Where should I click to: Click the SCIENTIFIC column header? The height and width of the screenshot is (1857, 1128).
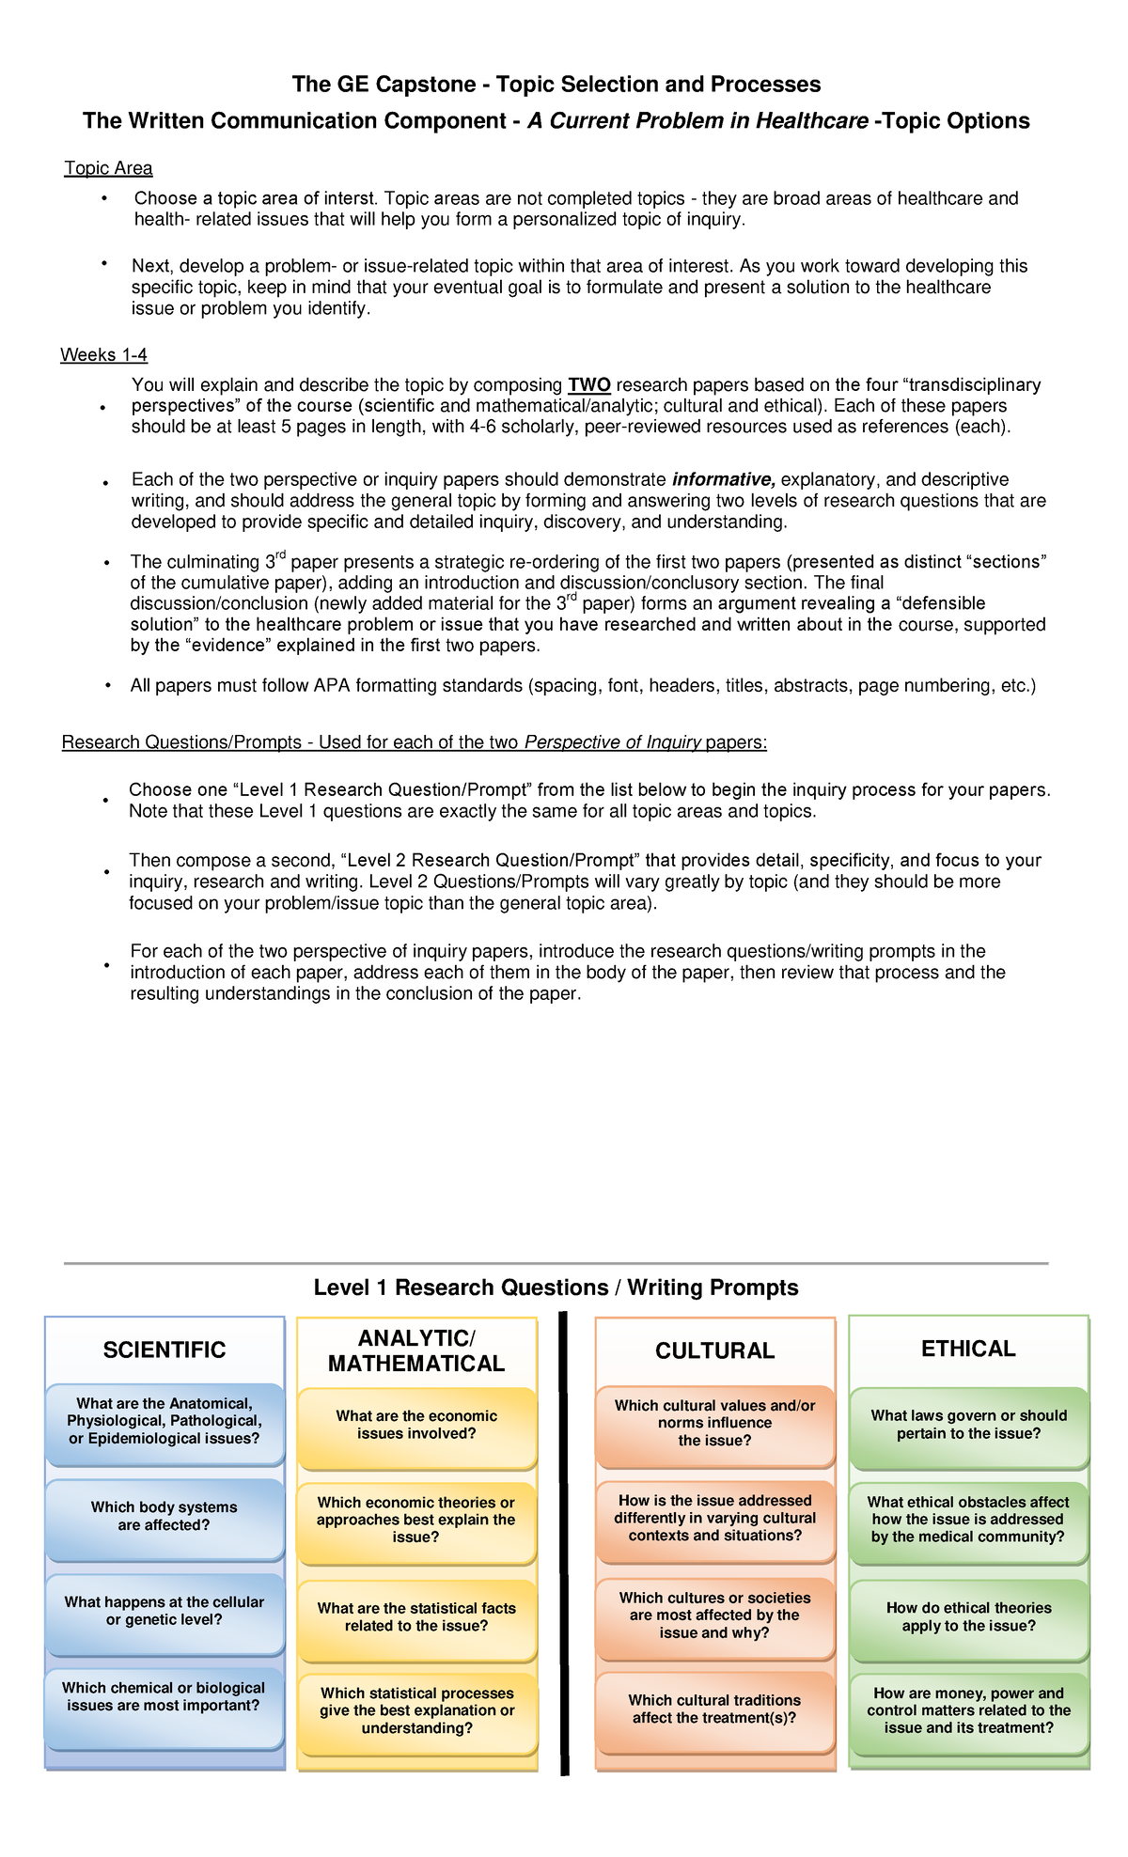pos(164,1350)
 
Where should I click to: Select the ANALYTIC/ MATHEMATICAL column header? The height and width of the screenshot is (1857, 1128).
pos(416,1351)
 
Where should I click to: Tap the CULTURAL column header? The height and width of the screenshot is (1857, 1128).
pos(714,1350)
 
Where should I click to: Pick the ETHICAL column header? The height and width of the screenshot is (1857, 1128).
pos(968,1349)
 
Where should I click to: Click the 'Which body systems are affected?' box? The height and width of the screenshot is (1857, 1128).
pos(164,1517)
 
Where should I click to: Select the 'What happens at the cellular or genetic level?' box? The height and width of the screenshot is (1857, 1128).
pos(164,1612)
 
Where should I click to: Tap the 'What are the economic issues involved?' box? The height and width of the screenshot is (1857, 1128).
pos(416,1426)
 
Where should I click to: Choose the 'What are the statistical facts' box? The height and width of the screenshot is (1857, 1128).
pos(416,1617)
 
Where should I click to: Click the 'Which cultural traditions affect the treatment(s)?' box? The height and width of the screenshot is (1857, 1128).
pos(714,1709)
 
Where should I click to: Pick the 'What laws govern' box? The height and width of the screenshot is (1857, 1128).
pos(968,1425)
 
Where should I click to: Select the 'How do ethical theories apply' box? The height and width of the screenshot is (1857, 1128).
pos(968,1617)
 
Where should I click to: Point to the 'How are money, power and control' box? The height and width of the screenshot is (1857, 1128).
pos(968,1711)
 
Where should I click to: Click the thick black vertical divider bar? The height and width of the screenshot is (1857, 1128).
pos(564,1541)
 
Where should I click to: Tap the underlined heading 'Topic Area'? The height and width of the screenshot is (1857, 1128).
pos(108,168)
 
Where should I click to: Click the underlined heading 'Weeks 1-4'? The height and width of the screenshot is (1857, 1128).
pos(103,355)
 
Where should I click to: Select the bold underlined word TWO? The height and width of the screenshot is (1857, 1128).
pos(589,385)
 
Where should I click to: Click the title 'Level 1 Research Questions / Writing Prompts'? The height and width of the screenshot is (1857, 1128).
pos(556,1287)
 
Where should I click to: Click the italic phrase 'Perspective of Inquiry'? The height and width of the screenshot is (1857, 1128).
pos(613,743)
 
